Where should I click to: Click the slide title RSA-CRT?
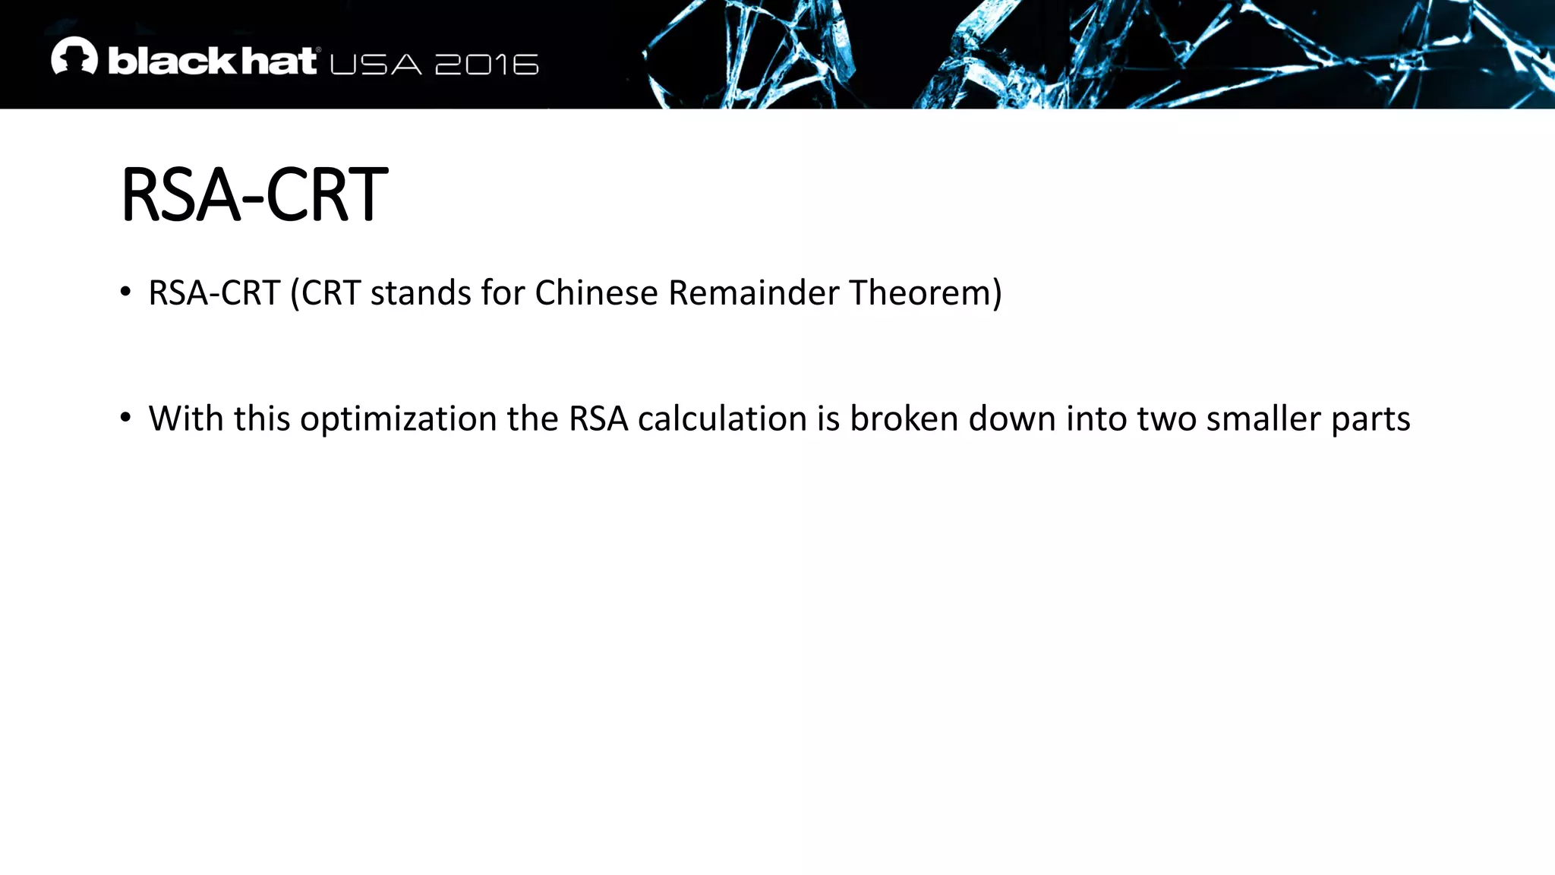click(x=254, y=195)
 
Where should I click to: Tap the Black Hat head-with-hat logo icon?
click(x=74, y=56)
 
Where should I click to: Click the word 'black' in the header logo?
click(x=162, y=62)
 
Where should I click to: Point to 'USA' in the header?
click(x=376, y=65)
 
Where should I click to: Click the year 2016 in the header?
click(x=487, y=65)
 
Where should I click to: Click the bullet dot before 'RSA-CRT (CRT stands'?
click(x=126, y=292)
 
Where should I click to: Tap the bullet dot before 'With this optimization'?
click(x=126, y=418)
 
